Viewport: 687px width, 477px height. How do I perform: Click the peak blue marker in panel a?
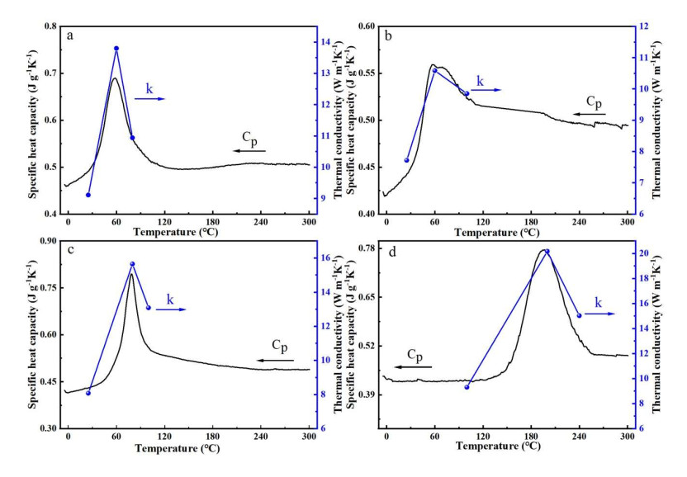[x=116, y=49]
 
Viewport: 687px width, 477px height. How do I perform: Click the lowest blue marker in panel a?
[x=88, y=195]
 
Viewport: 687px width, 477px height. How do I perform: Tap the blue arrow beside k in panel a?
[x=150, y=98]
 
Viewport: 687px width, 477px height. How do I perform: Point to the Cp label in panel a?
[x=250, y=138]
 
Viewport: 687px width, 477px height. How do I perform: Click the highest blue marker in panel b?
[x=434, y=70]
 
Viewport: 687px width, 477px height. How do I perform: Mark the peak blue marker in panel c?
[x=132, y=264]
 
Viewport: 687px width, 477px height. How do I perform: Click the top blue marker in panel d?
[x=547, y=252]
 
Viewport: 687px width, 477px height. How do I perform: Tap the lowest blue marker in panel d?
[x=467, y=387]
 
